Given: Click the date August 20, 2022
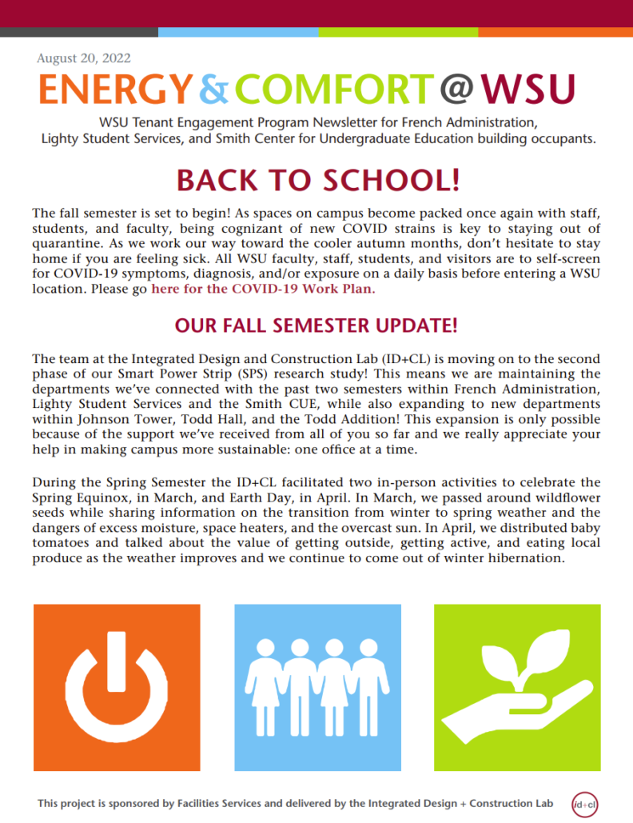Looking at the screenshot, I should pyautogui.click(x=84, y=58).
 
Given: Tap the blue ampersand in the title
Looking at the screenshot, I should pyautogui.click(x=213, y=90).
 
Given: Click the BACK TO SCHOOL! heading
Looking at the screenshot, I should pyautogui.click(x=317, y=179).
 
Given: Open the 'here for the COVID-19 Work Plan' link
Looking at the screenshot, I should pyautogui.click(x=263, y=289).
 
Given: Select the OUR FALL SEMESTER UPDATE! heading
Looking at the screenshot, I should pyautogui.click(x=316, y=326).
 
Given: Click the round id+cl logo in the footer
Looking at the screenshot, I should pyautogui.click(x=584, y=802).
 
